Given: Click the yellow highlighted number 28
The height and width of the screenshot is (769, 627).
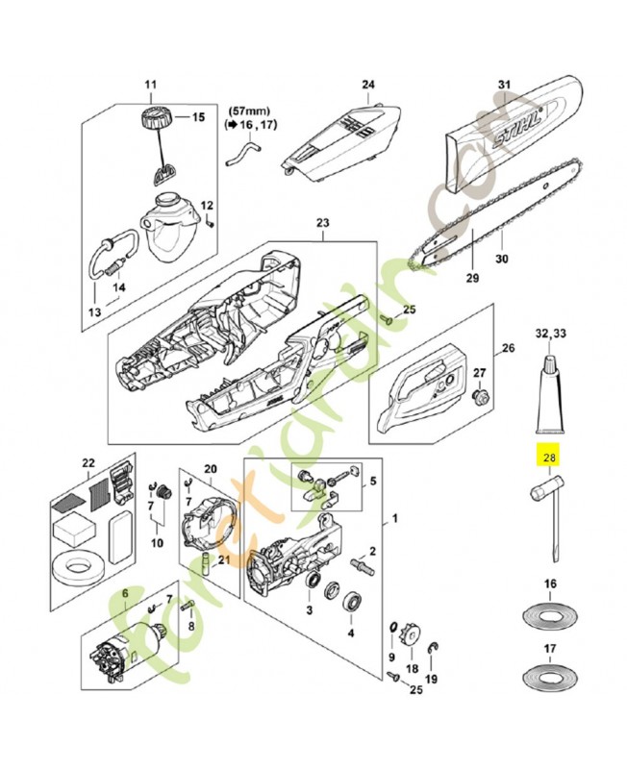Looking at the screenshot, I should coord(551,458).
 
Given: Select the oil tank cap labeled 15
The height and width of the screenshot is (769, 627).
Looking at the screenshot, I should coord(155,122).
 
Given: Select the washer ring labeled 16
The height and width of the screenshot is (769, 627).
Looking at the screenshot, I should coord(550,613).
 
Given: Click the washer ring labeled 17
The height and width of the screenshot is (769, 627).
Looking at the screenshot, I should coord(550,677).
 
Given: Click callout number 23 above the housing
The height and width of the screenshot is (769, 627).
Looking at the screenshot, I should coord(321,222).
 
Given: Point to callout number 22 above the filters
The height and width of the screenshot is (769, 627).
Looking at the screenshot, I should coord(88,463).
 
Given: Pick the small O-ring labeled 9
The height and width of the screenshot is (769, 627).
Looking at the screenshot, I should coord(393,630).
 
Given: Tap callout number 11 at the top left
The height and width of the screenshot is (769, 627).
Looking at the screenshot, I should coord(150,86).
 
